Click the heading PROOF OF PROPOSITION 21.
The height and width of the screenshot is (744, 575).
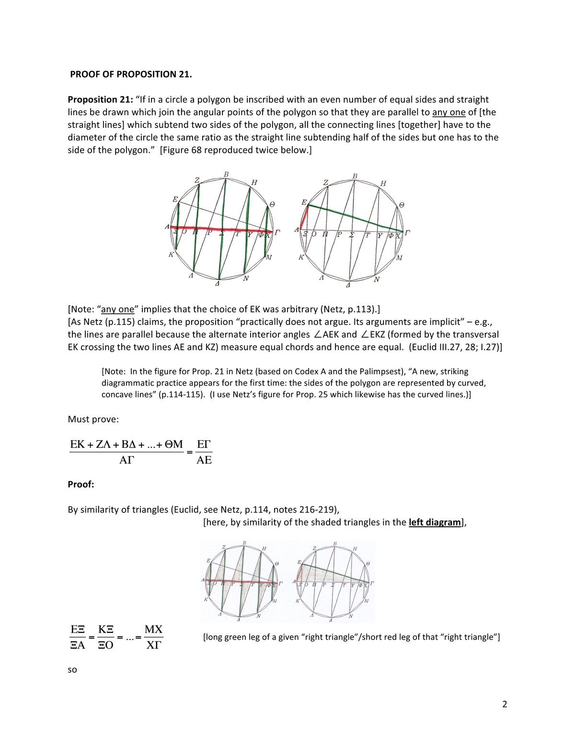tap(131, 74)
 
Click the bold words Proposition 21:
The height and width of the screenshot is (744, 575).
tap(99, 100)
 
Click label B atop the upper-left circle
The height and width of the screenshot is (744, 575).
tap(226, 174)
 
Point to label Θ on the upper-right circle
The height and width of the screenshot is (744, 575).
tap(402, 205)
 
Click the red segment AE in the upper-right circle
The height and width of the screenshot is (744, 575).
tap(304, 217)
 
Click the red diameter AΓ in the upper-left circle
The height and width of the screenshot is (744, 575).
tap(220, 229)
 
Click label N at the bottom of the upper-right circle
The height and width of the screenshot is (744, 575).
tap(377, 279)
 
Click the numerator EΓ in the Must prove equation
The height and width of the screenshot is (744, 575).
tap(204, 445)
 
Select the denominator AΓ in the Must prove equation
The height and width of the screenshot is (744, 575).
tap(126, 460)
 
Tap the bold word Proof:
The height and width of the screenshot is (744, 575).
tap(81, 484)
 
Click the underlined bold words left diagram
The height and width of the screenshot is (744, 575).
tap(434, 522)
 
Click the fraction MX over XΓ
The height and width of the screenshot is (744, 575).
tap(153, 637)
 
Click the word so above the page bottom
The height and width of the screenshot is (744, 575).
tap(72, 669)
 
